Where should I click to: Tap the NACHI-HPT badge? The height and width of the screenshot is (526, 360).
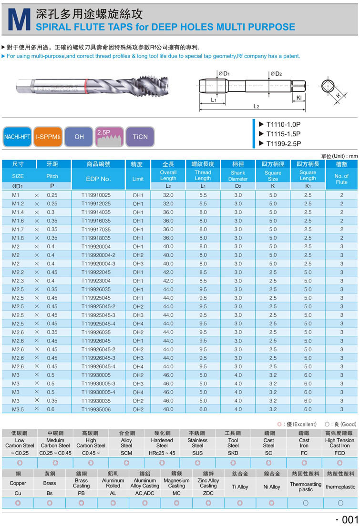click(x=17, y=137)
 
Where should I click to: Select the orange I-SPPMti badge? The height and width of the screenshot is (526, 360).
click(x=48, y=137)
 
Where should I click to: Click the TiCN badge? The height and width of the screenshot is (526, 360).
click(x=140, y=137)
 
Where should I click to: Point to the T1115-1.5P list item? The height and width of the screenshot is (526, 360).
click(x=283, y=134)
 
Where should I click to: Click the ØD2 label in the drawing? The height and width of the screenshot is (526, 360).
click(x=276, y=74)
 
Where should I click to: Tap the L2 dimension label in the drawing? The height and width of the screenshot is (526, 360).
click(x=256, y=106)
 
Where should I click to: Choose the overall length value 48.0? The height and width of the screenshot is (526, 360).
click(x=168, y=409)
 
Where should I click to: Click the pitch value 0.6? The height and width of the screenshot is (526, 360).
click(x=51, y=409)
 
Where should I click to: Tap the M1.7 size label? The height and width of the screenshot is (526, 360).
click(x=18, y=229)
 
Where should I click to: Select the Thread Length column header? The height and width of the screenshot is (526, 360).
click(x=203, y=175)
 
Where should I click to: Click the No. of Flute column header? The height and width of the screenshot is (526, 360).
click(x=341, y=179)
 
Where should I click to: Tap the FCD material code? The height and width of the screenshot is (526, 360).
click(x=339, y=453)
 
